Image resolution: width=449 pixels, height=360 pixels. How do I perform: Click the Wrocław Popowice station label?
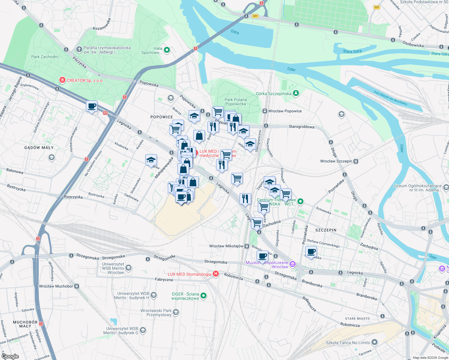[x=285, y=111]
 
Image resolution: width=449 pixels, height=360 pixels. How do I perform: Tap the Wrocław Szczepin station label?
[x=336, y=161]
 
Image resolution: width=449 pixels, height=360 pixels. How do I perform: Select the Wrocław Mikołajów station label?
[x=226, y=246]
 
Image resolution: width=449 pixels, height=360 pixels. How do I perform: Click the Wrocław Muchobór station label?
[x=56, y=286]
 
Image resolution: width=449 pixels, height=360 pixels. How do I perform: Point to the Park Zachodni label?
[x=45, y=57]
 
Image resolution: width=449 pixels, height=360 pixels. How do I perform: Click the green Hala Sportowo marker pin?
[x=167, y=50]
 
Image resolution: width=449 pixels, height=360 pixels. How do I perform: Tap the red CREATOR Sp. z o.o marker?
[x=62, y=80]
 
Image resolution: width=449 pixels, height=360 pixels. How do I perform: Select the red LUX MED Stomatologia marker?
[x=215, y=274]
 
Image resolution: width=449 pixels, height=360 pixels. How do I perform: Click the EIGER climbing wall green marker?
[x=203, y=296]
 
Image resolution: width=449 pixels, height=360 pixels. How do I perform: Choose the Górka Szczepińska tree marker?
[x=296, y=93]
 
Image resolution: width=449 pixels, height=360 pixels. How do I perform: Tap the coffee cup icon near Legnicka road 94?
[x=92, y=106]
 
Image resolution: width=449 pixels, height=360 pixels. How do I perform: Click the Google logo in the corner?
[x=10, y=356]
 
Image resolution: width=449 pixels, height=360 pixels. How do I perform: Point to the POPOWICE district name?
[x=161, y=117]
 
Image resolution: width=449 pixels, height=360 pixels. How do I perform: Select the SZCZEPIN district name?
[x=326, y=230]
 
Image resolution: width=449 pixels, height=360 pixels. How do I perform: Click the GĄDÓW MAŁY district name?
[x=39, y=148]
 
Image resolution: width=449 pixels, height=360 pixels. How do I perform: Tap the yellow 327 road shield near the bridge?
[x=255, y=16]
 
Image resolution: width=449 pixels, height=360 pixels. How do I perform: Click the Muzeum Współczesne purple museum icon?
[x=293, y=264]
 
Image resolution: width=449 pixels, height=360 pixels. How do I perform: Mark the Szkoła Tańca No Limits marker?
[x=374, y=342]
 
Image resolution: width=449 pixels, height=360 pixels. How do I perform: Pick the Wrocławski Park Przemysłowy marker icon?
[x=176, y=312]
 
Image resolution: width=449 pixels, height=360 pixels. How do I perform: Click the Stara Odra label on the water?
[x=352, y=51]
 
